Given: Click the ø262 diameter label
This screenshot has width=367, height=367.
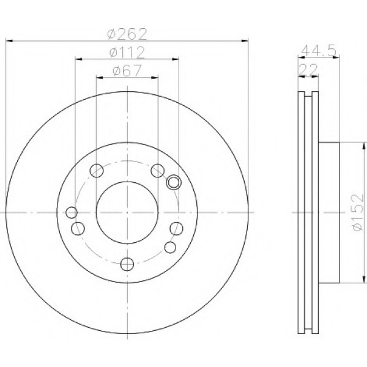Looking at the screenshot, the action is (x=127, y=34).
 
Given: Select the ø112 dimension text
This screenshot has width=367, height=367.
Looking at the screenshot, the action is (x=127, y=53).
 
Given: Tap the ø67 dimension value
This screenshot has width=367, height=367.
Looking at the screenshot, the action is (x=127, y=70).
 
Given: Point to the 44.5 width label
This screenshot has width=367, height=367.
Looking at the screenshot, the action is (x=319, y=50).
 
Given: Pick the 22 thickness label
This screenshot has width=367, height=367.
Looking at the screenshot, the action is (x=309, y=69).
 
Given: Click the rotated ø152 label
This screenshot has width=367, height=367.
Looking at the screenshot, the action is (x=358, y=212).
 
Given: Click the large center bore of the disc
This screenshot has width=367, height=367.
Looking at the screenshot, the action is (x=127, y=212).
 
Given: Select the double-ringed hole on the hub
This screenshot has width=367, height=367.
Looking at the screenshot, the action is (x=174, y=182).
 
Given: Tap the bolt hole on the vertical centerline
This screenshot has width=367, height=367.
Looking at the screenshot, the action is (x=127, y=264).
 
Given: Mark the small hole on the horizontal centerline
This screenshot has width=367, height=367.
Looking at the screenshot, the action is (x=72, y=212).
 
